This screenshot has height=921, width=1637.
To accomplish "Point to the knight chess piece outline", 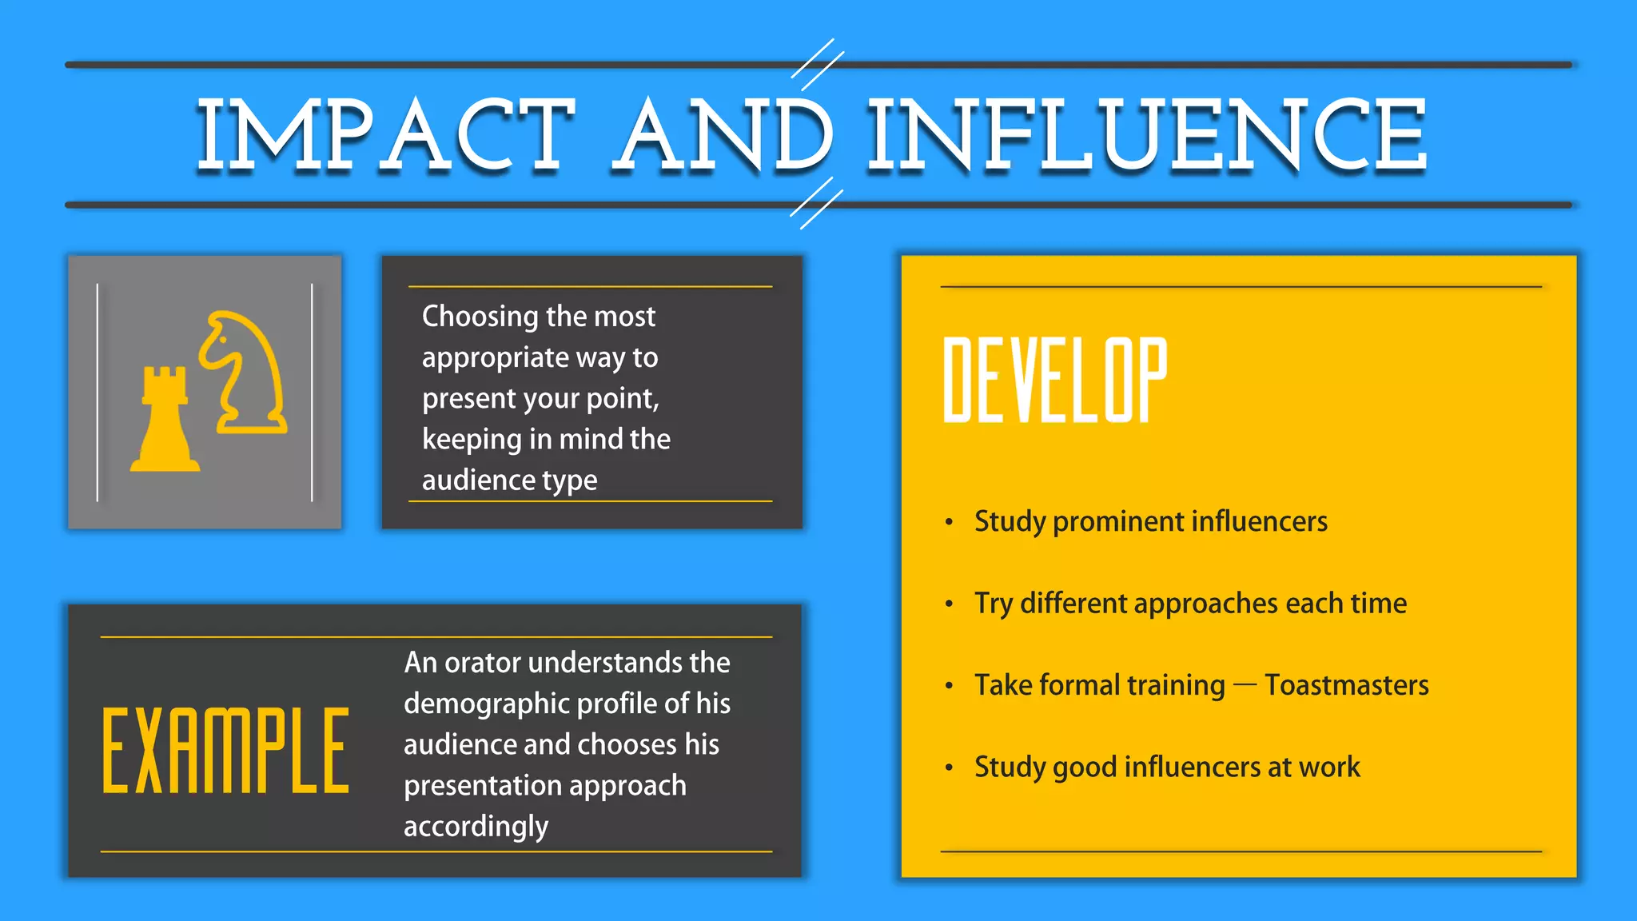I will click(x=243, y=373).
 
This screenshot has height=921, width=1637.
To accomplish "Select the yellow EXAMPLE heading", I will click(x=226, y=751).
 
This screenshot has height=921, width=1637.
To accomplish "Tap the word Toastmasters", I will click(x=1346, y=685).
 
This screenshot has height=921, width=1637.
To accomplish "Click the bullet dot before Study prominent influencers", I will click(x=949, y=523).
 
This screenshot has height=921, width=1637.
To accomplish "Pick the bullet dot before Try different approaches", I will click(x=949, y=604).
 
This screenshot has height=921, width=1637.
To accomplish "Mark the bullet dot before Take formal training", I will click(x=949, y=686).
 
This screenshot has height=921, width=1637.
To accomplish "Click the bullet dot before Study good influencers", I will click(x=949, y=768).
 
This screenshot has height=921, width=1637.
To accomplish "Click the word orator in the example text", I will click(x=482, y=663).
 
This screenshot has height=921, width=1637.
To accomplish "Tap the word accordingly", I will click(x=476, y=827).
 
